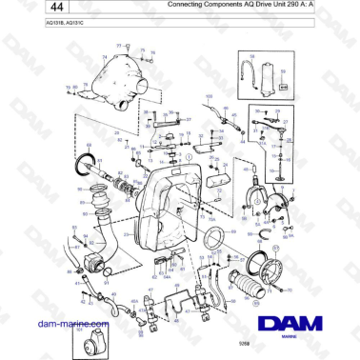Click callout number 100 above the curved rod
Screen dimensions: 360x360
point(210,96)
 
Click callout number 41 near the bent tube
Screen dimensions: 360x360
point(79,284)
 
